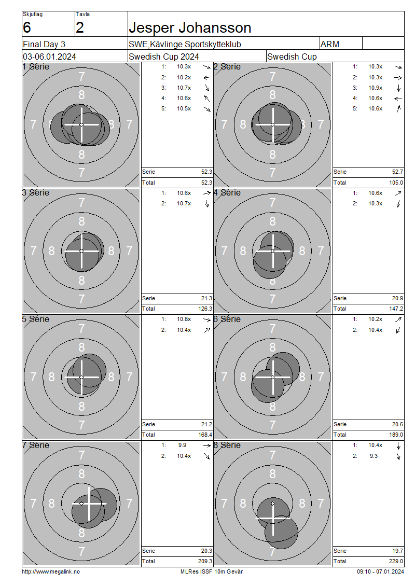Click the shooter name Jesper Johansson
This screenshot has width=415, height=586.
point(190,28)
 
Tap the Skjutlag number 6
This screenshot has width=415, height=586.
point(27,27)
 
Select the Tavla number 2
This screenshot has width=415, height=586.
point(80,27)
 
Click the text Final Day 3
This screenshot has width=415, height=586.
point(44,45)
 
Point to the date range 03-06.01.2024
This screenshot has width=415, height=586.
point(49,57)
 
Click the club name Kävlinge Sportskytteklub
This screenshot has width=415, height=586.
point(196,45)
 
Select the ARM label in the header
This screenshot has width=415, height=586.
point(330,45)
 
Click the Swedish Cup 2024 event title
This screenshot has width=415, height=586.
point(164,57)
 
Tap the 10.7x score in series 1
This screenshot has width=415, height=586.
point(184,88)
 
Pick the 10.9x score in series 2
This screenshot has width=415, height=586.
point(376,88)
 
